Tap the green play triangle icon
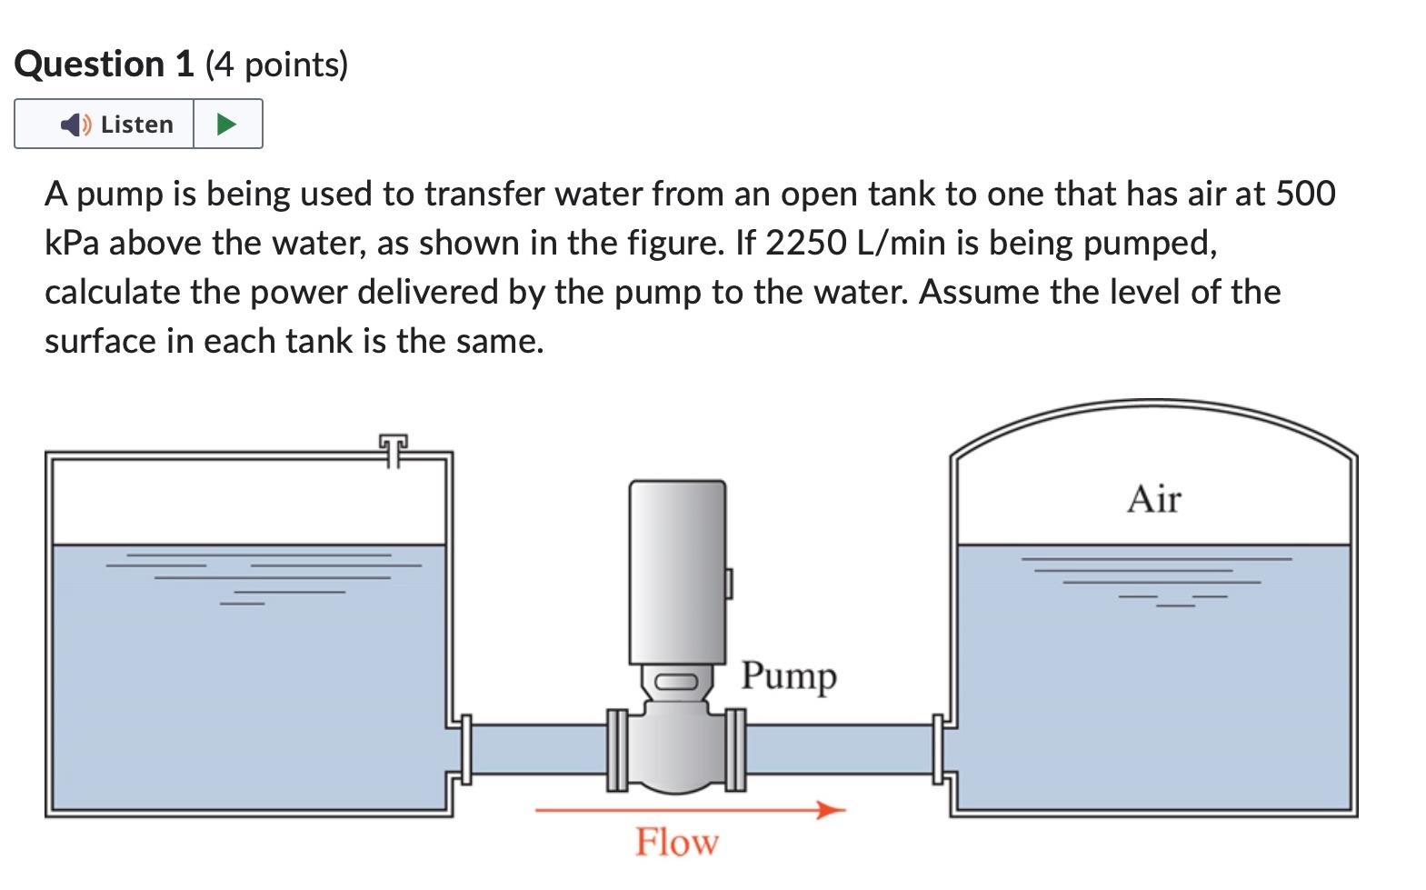point(227,124)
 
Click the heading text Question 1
point(104,65)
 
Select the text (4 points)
point(277,65)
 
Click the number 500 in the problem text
point(1305,194)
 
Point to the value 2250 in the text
point(805,243)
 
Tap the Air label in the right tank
point(1153,499)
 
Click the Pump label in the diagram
point(788,675)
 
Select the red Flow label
point(676,842)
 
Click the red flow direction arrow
point(691,809)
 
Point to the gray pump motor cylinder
point(677,571)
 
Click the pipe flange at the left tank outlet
point(466,749)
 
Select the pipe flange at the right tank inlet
point(938,749)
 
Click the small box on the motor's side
point(728,583)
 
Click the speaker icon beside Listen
point(75,124)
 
